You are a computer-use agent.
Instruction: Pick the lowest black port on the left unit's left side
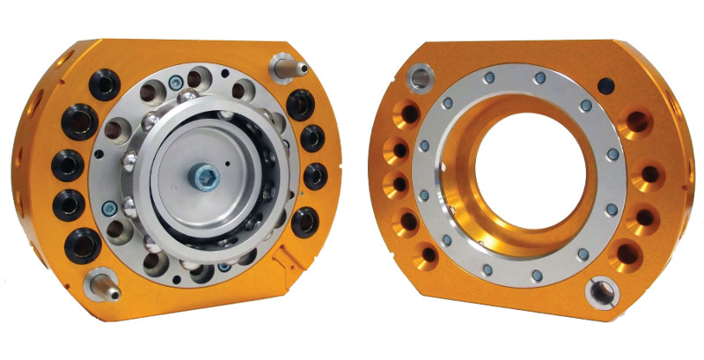84,245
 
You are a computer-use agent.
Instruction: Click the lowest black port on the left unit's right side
304,222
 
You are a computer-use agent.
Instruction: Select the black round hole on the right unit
605,85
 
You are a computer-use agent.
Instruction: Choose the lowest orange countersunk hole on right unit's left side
429,255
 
